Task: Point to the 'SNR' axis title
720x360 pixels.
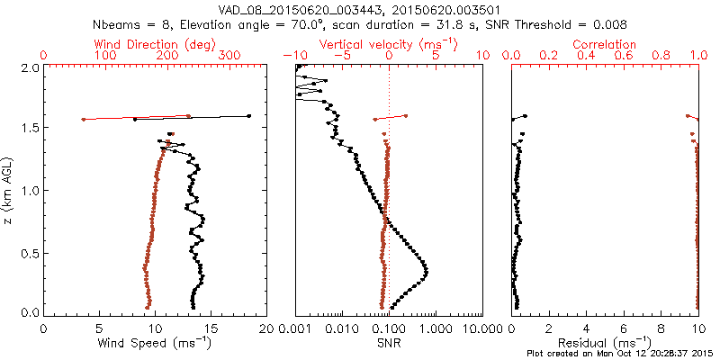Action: coord(388,343)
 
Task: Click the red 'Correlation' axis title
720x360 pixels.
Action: coord(606,44)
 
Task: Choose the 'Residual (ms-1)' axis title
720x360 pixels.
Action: coord(606,343)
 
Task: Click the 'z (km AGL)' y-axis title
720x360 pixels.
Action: coord(9,190)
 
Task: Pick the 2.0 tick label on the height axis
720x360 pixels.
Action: coord(30,67)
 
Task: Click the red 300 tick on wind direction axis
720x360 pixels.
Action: coord(230,56)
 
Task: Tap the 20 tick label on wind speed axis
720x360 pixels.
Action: coord(265,328)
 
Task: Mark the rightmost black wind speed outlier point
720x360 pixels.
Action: coord(248,116)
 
